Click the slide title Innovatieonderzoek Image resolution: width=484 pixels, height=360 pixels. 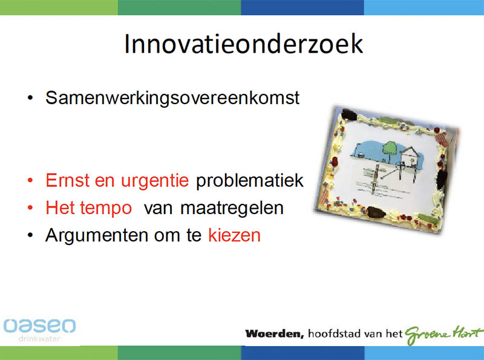pos(244,44)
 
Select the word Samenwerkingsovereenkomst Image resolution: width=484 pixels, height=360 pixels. pos(172,98)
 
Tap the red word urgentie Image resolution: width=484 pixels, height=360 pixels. pos(155,181)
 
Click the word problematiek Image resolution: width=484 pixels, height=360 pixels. pos(250,180)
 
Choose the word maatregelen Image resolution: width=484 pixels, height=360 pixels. pos(232,208)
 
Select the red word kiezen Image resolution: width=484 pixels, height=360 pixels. pos(234,235)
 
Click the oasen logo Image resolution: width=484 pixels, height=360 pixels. pos(39,326)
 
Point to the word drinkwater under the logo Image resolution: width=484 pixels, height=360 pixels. pos(39,339)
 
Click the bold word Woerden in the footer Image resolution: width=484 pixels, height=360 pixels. pos(275,334)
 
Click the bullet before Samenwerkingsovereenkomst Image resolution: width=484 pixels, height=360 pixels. pos(30,98)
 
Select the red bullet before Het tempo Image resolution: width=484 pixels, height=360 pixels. pos(30,208)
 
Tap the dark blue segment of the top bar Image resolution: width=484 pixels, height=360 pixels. pos(302,7)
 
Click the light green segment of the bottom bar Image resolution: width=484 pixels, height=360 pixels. pos(59,353)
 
